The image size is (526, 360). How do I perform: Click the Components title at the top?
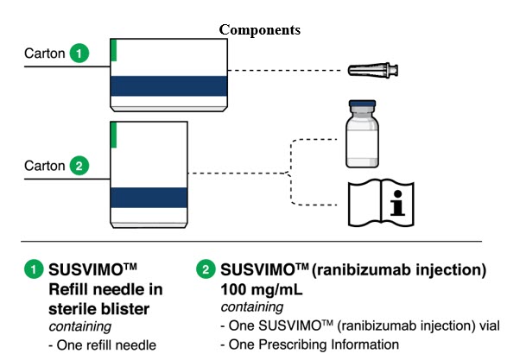tap(259, 29)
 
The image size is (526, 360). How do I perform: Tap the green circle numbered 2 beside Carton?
tap(79, 164)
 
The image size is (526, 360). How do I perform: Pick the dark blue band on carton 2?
tap(149, 198)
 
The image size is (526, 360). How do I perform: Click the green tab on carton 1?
tap(113, 49)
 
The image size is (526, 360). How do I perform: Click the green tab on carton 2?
tap(113, 135)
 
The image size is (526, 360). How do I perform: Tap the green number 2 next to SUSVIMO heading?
tap(207, 270)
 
